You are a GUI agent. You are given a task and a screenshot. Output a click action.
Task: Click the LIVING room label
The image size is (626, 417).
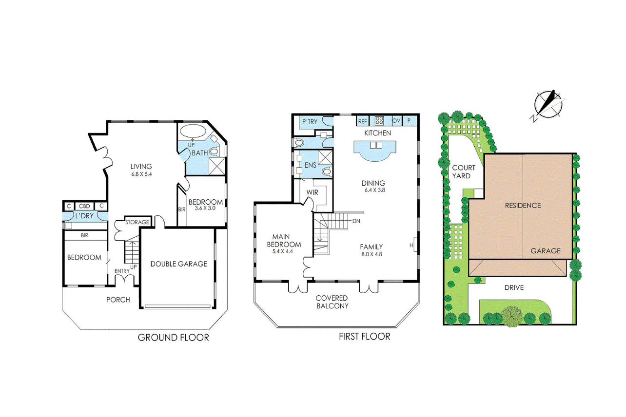coord(141,167)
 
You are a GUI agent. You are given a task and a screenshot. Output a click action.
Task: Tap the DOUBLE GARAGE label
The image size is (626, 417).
coord(178,264)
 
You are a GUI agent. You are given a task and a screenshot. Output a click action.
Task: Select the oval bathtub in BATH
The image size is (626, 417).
coord(192,131)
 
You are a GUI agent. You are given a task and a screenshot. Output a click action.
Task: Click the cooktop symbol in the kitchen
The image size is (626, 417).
coord(379,121)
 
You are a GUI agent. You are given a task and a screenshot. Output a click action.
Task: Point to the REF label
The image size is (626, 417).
coord(362,121)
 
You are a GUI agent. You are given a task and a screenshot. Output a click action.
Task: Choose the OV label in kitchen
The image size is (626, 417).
coord(396,121)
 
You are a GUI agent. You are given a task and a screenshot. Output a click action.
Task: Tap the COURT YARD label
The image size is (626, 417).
coord(463,172)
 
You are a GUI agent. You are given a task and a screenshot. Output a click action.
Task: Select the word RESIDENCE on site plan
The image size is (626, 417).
coord(523,206)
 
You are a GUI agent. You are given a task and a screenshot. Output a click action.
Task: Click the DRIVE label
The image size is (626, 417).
coord(514,287)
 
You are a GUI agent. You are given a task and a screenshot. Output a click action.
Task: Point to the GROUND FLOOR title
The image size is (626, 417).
coord(173,338)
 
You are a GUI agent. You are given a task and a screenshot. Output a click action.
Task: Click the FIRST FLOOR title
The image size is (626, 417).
coord(364,336)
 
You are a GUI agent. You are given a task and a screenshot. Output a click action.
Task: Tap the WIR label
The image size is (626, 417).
coord(312,192)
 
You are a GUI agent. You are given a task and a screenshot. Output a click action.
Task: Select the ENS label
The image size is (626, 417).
coord(310,165)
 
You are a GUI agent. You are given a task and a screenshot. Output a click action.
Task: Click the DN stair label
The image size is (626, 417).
coord(356,221)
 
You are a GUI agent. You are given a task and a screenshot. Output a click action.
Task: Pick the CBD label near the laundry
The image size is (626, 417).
coord(84,206)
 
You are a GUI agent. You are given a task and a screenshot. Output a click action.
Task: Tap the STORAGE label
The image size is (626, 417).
coord(137,222)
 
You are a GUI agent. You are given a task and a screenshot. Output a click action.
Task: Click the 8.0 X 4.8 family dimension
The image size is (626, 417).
coord(372,254)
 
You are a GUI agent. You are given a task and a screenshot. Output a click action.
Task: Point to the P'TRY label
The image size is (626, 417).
coord(310,122)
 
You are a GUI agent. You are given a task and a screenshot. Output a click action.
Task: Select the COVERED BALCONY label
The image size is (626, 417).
coord(332,302)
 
